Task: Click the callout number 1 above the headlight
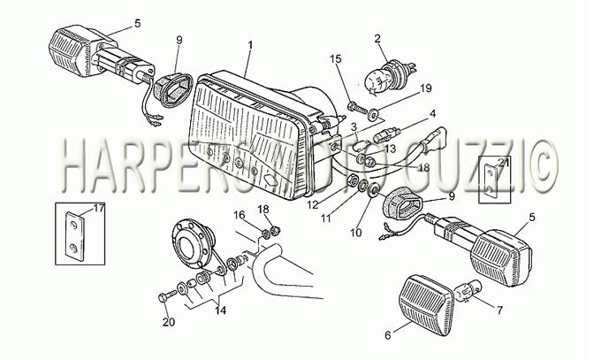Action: tap(250, 45)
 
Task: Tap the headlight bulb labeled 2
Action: tap(390, 75)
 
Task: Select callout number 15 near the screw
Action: tap(335, 58)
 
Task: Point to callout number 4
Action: tap(432, 113)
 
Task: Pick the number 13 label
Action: tap(390, 149)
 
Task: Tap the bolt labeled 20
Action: tap(167, 296)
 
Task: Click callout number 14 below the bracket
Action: tap(220, 310)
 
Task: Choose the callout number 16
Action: tap(240, 215)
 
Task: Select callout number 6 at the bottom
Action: tap(388, 335)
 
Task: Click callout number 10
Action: tap(356, 233)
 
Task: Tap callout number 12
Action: tap(313, 205)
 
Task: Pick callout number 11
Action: tap(326, 218)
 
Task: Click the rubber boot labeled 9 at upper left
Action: tap(173, 89)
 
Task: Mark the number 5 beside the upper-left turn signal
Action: tap(138, 23)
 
